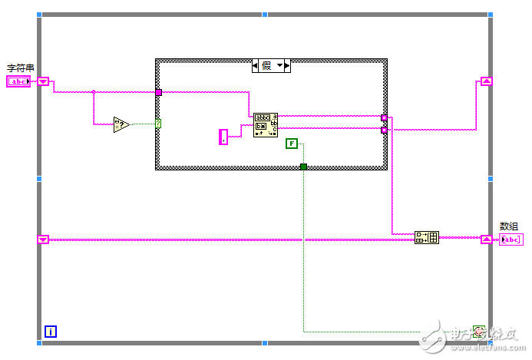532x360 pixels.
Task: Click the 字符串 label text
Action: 21,68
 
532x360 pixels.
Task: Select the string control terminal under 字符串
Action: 18,81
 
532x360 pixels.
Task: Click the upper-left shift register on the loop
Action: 43,81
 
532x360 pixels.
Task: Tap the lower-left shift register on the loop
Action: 43,239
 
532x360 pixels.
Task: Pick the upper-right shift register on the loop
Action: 486,81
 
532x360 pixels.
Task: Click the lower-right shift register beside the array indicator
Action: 486,239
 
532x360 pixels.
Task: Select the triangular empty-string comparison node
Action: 121,124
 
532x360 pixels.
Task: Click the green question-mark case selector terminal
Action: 158,124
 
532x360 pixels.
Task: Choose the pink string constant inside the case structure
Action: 223,137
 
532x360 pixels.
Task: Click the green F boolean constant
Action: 291,144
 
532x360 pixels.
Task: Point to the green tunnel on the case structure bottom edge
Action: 303,166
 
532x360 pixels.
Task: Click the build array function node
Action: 426,238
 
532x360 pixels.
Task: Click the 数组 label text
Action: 509,226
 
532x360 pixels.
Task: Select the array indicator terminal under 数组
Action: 511,239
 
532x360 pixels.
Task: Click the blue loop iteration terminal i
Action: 50,332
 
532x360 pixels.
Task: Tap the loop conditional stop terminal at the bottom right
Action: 479,331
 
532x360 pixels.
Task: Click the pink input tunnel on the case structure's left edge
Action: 158,92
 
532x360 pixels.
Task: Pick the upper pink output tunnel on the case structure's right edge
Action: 384,118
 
